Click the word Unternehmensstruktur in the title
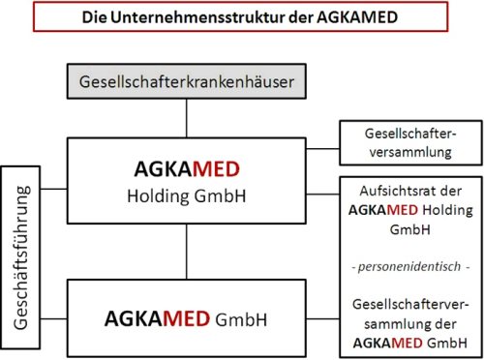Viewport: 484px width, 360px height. [x=198, y=17]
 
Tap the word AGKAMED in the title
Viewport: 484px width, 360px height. [x=357, y=17]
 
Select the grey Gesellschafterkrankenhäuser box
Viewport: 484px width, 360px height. [x=187, y=81]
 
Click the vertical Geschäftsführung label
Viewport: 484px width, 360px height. [x=20, y=257]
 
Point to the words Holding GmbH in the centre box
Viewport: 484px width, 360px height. [x=187, y=196]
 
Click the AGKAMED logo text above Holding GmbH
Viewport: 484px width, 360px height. [x=187, y=169]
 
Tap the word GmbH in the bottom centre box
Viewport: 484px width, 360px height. [x=241, y=319]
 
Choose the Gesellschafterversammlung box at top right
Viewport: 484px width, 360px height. [x=410, y=143]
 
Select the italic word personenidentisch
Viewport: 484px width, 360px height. [x=409, y=267]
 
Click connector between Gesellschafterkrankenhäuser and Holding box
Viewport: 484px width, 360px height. [x=187, y=118]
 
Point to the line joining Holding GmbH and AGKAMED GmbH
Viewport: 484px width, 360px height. [x=187, y=252]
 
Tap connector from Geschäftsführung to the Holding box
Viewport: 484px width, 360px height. [x=53, y=189]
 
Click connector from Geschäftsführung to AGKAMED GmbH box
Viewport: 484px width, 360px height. [x=53, y=319]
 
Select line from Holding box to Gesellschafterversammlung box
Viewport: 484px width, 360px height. [x=322, y=149]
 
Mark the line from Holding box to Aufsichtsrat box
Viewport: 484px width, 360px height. [x=322, y=195]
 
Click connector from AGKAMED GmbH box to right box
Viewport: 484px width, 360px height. [x=322, y=319]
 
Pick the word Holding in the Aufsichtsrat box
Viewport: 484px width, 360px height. [x=448, y=210]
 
